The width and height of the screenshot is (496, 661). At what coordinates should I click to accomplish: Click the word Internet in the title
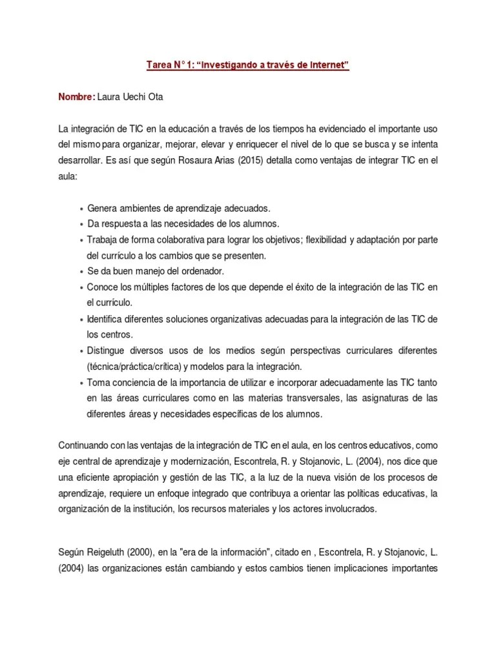pyautogui.click(x=325, y=66)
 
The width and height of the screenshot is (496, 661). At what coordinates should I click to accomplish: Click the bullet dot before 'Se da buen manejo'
pyautogui.click(x=81, y=272)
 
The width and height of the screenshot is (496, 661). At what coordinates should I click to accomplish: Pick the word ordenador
pyautogui.click(x=203, y=271)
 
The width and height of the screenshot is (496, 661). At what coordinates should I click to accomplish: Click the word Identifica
pyautogui.click(x=107, y=319)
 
